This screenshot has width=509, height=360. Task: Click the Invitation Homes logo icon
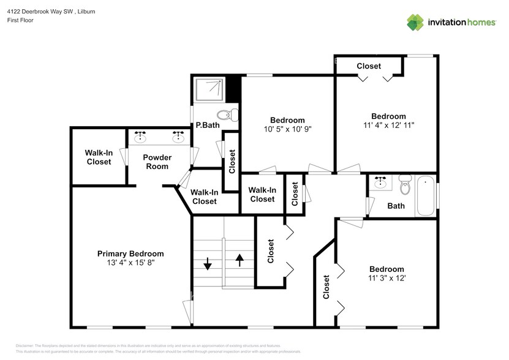[x=416, y=22]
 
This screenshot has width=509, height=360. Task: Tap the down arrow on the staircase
[x=207, y=264]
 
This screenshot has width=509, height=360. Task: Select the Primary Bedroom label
[x=130, y=253]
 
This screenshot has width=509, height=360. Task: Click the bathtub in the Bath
[x=425, y=196]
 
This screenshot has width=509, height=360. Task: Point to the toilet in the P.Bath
[x=227, y=114]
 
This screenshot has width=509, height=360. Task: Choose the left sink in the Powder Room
[x=140, y=137]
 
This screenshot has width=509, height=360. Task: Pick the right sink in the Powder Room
[x=178, y=137]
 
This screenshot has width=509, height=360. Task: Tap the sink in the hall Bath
[x=381, y=182]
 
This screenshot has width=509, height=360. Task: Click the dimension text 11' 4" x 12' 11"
[x=388, y=126]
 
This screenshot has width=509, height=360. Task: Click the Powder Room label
[x=157, y=162]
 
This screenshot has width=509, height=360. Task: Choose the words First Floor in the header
[x=20, y=20]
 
